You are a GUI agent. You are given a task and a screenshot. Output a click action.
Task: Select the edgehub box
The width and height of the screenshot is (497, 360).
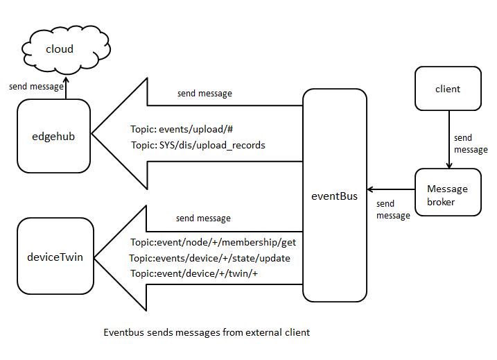coord(54,136)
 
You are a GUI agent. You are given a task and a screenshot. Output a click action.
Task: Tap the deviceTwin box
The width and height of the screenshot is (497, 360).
coord(55,256)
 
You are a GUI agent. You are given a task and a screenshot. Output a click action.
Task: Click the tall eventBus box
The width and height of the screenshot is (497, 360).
coord(335,196)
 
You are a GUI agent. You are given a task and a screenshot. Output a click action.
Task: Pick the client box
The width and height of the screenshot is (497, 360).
coord(447,89)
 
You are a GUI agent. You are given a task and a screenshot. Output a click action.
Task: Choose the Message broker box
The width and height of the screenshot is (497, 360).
coord(447,194)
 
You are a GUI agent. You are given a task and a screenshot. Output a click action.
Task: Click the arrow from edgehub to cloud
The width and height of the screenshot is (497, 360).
coord(67,89)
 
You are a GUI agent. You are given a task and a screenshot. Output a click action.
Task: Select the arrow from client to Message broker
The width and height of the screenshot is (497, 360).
coord(448,139)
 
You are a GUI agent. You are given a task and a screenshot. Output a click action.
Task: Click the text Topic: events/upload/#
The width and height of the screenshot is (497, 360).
coord(175,130)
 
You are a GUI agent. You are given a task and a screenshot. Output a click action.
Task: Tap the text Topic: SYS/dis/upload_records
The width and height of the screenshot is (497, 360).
coord(198,146)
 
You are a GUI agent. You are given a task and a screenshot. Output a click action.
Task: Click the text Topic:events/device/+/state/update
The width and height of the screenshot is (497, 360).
coord(209,258)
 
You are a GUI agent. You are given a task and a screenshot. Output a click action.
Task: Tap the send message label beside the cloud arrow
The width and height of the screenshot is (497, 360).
coord(36,87)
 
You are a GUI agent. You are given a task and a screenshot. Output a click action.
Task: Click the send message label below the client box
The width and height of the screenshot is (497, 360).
coord(471,144)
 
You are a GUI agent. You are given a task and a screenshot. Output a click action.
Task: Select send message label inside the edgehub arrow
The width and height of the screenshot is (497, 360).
coord(204,93)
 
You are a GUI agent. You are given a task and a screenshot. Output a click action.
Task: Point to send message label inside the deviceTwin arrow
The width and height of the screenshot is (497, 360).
coord(203,218)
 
